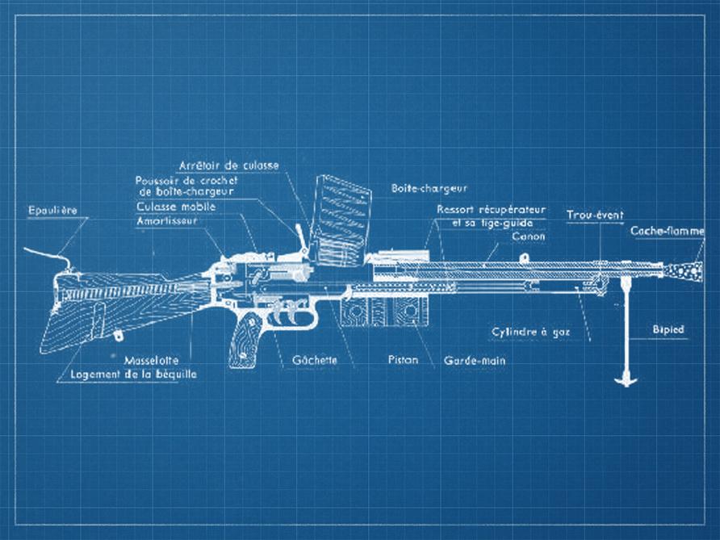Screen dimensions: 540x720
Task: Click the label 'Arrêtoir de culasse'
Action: click(229, 165)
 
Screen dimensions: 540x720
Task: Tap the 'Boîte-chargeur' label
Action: click(430, 187)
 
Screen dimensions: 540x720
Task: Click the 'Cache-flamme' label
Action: click(666, 232)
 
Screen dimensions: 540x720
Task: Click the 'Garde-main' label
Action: click(475, 361)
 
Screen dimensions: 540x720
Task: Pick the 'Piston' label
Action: click(402, 360)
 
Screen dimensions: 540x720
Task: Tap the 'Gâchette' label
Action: click(316, 360)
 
